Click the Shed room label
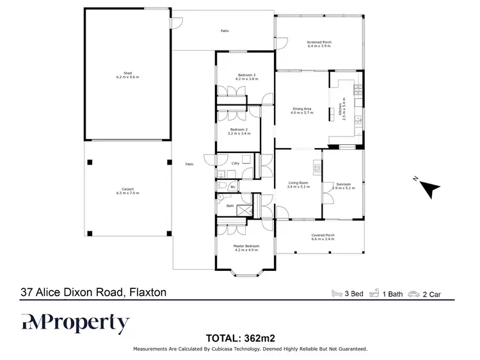pos(127,75)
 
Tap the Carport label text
pos(127,190)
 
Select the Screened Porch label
pos(319,44)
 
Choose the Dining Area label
pos(302,110)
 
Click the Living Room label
pos(299,186)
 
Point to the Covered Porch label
pos(323,237)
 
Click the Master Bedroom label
pos(246,247)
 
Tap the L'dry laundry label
pos(235,163)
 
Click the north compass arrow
pos(429,187)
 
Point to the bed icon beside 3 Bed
pos(336,293)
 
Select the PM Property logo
pos(75,323)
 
